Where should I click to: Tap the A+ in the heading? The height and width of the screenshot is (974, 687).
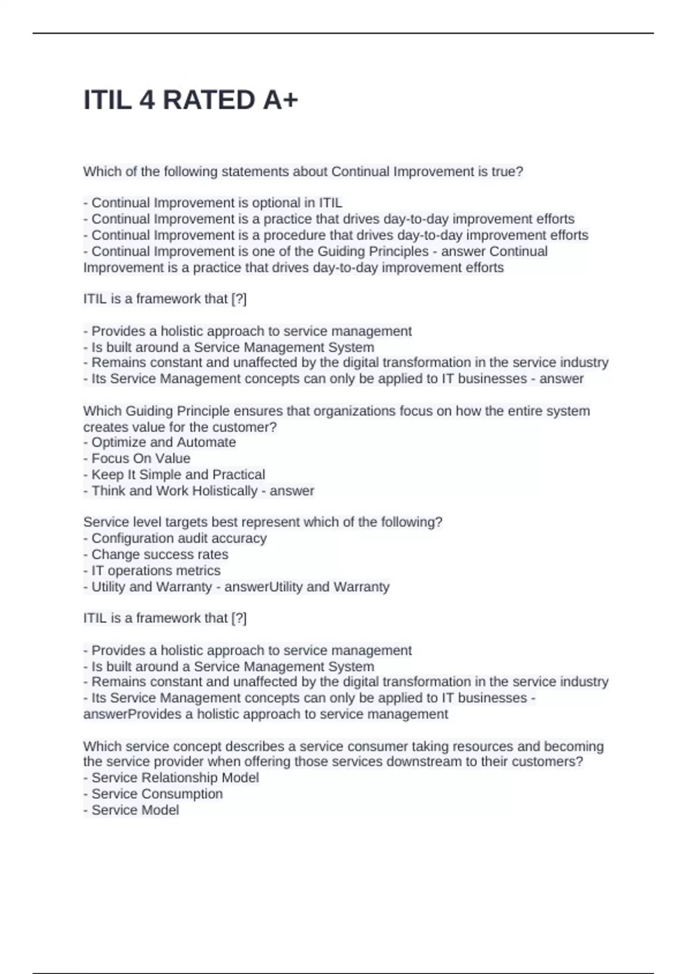(x=281, y=100)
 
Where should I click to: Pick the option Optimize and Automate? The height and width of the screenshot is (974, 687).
(x=163, y=442)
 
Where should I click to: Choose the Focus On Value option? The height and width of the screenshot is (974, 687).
(x=140, y=458)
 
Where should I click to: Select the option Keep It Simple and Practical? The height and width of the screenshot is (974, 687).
(x=178, y=474)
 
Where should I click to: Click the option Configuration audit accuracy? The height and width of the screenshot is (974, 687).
(x=179, y=538)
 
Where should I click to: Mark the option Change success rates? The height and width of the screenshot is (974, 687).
(x=160, y=554)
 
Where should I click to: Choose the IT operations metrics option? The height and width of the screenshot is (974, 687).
(x=156, y=570)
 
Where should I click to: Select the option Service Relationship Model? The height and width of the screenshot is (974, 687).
(x=175, y=777)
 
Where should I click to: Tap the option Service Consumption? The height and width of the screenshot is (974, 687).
(x=157, y=794)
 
